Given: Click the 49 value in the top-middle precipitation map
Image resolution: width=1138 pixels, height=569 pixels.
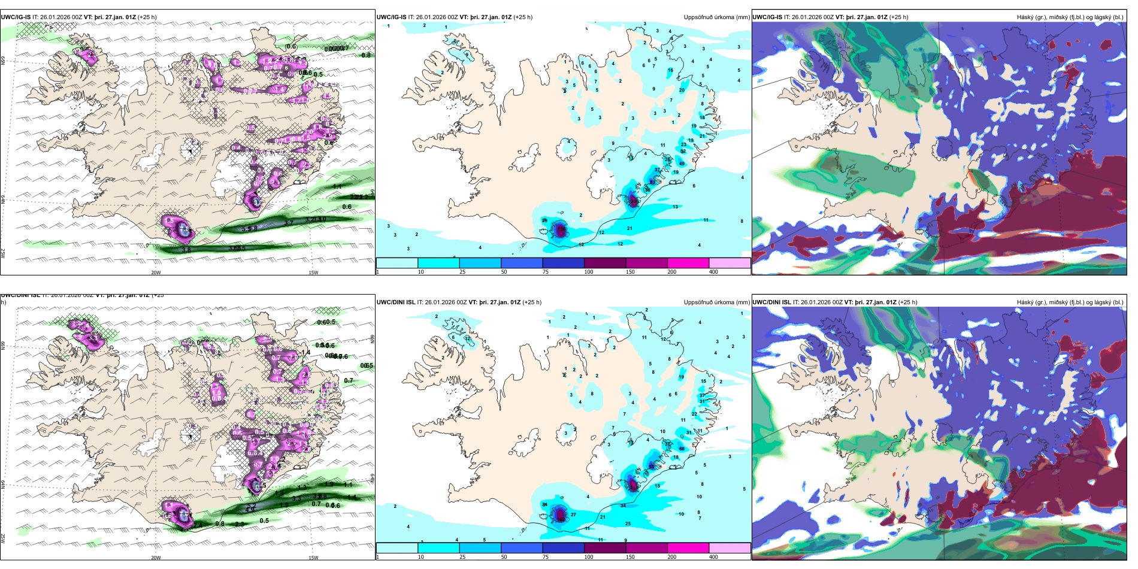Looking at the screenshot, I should pos(682,164).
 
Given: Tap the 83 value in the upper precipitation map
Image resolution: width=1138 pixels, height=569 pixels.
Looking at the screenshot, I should pos(653,181).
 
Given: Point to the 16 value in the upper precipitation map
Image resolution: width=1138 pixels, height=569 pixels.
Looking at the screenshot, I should pos(670,70).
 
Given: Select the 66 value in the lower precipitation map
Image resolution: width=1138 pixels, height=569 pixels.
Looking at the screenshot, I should pos(682,449).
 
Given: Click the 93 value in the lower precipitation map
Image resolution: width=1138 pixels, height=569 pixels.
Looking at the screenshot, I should pos(651,466).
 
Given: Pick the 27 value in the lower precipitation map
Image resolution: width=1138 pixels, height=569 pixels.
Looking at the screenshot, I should pos(573,514).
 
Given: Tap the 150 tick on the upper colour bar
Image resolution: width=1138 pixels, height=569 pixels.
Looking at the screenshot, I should pos(630,272).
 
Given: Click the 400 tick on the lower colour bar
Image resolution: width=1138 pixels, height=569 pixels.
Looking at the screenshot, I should pos(713,557).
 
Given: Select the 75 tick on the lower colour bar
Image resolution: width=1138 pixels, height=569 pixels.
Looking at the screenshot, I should pos(546,557).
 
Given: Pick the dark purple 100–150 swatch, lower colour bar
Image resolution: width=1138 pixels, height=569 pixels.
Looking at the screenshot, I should pos(604,548).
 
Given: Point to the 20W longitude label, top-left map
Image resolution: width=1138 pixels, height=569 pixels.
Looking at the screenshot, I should pos(156,273).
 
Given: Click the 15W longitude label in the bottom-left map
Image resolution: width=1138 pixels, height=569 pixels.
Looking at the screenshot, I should pos(313,558).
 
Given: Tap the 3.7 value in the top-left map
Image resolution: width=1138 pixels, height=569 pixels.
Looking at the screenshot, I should pos(289,223).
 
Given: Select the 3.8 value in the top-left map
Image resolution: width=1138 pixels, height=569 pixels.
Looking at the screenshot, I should pos(186,250).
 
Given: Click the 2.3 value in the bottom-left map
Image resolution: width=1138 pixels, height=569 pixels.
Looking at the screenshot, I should pos(240,524).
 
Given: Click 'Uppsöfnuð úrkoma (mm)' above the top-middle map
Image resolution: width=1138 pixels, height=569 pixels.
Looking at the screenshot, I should pos(716,17).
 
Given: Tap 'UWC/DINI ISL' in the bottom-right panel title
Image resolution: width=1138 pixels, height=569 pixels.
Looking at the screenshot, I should pos(771,302).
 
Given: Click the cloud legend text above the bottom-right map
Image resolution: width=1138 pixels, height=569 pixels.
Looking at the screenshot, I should pos(1070,302).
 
